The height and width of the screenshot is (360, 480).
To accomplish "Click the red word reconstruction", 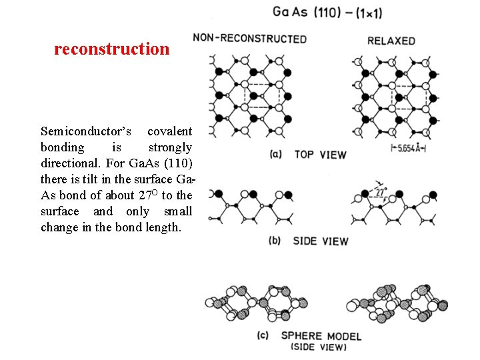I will pyautogui.click(x=112, y=49).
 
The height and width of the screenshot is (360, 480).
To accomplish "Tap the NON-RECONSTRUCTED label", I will pyautogui.click(x=250, y=38).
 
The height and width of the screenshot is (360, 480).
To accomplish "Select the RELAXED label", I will pyautogui.click(x=391, y=40).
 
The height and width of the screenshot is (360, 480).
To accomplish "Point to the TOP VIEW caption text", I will pyautogui.click(x=320, y=155).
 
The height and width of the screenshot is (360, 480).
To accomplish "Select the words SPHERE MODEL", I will pyautogui.click(x=321, y=335).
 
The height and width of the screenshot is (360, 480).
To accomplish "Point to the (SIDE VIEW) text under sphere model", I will pyautogui.click(x=319, y=347).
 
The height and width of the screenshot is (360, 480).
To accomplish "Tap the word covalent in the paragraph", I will pyautogui.click(x=169, y=131).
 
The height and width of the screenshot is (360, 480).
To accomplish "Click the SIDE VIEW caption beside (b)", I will pyautogui.click(x=320, y=240).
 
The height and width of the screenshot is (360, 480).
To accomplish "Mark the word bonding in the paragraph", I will pyautogui.click(x=63, y=147).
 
